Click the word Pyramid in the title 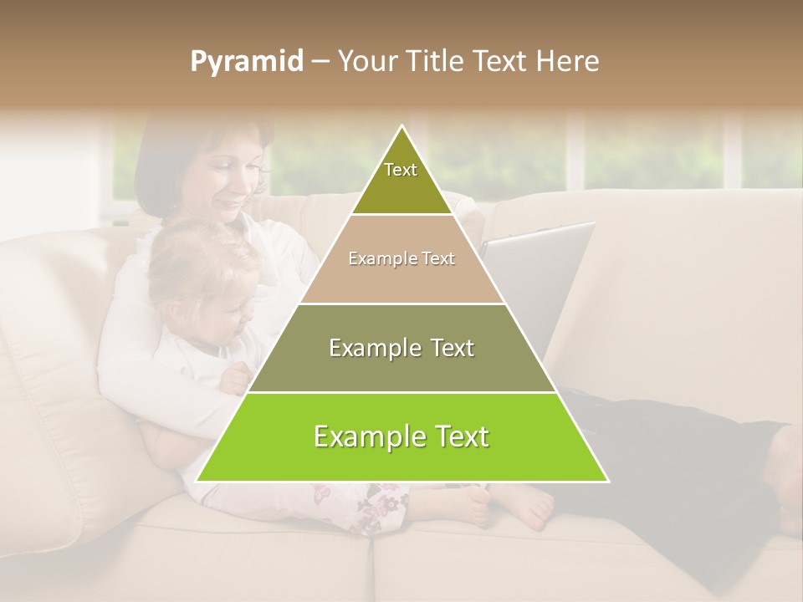pos(247,62)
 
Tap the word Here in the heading pos(569,62)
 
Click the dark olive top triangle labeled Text pos(401,180)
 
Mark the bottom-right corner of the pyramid pos(607,481)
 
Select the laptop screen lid pos(544,276)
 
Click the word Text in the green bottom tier pos(456,436)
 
